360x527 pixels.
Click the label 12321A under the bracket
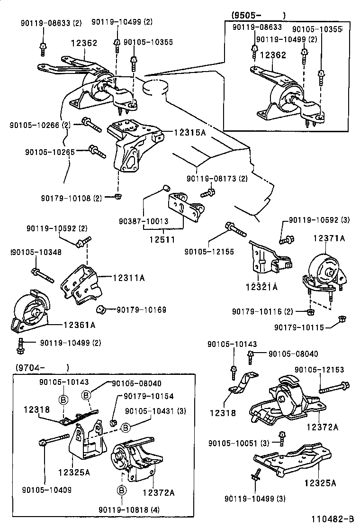(261, 287)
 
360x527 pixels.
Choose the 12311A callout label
(129, 278)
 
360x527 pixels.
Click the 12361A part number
(80, 325)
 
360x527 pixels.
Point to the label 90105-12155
(209, 252)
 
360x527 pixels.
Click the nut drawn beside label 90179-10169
(100, 310)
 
